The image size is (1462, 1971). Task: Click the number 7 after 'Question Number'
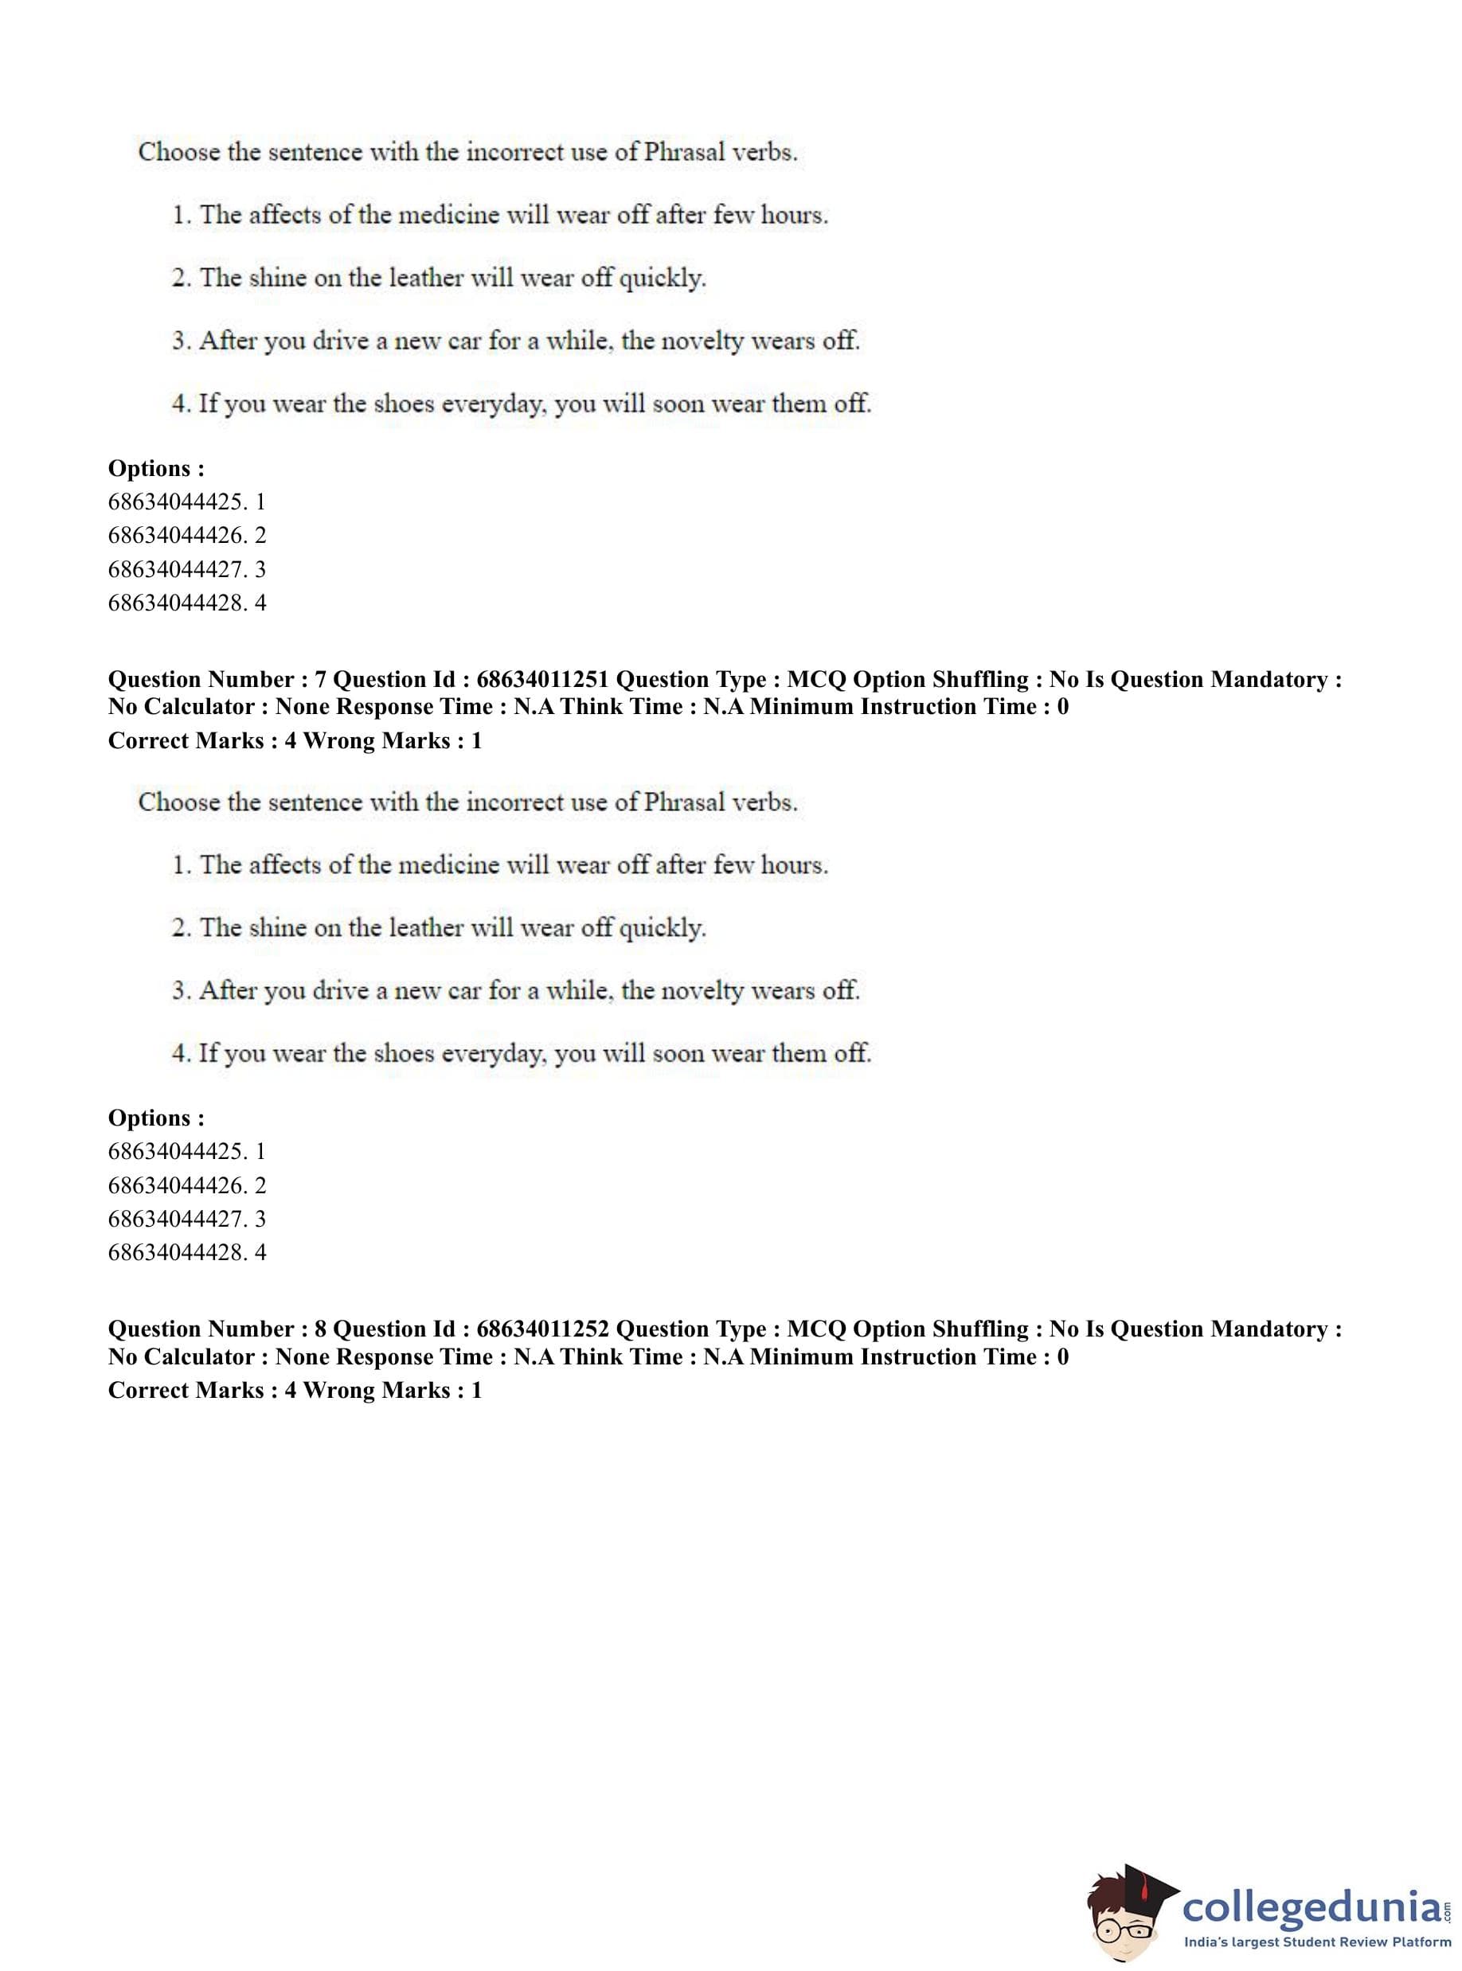pyautogui.click(x=320, y=679)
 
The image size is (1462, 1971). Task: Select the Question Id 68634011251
pyautogui.click(x=541, y=679)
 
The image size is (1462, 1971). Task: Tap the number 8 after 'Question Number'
pyautogui.click(x=320, y=1329)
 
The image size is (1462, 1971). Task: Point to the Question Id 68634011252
pyautogui.click(x=541, y=1329)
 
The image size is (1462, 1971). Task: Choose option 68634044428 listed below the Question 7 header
pyautogui.click(x=187, y=1253)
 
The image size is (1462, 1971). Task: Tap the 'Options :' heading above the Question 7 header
pyautogui.click(x=156, y=468)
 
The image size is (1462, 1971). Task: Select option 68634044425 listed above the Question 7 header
pyautogui.click(x=187, y=502)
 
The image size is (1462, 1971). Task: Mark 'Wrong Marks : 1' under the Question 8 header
pyautogui.click(x=392, y=1390)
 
